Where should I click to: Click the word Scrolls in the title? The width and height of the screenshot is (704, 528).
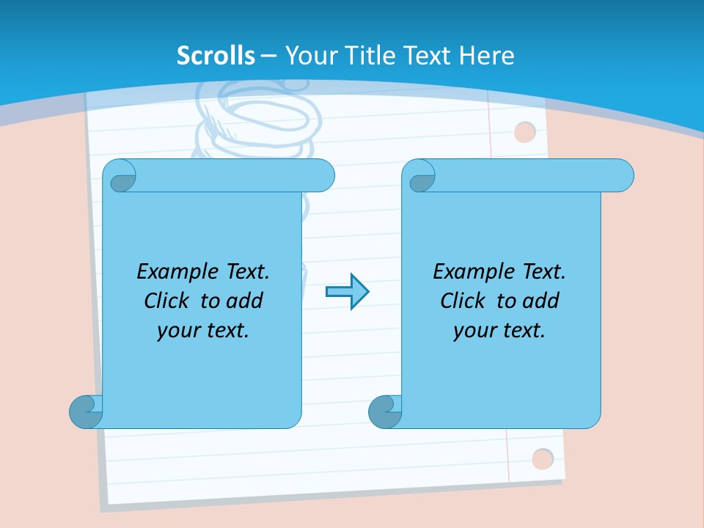coord(216,56)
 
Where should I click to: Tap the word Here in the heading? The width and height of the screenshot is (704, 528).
coord(486,56)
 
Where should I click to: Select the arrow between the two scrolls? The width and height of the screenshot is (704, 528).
coord(347,292)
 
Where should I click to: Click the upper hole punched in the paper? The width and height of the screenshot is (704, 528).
coord(525,132)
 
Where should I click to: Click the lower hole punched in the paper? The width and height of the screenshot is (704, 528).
coord(543,459)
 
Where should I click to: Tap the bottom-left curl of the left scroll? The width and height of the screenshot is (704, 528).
coord(85,411)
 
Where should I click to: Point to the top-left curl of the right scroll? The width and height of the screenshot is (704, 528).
coord(420,177)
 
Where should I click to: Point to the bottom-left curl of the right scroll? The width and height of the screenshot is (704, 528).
coord(384,411)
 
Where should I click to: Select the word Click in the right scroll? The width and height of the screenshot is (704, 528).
coord(463,301)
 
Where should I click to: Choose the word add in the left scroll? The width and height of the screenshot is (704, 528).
coord(244,301)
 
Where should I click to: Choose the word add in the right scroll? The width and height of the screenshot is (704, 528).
coord(540,301)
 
